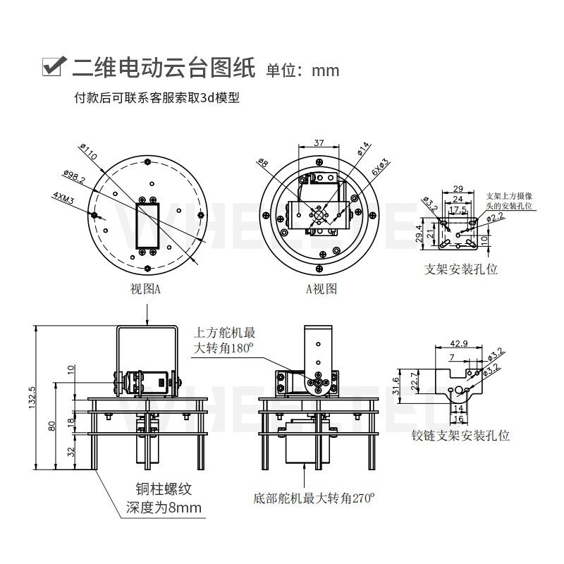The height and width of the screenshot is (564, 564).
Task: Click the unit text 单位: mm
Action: point(302,70)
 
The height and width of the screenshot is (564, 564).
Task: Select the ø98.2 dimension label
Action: point(73,176)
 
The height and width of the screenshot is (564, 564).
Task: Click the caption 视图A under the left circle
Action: point(146,289)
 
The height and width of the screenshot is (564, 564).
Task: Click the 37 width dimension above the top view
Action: point(319,143)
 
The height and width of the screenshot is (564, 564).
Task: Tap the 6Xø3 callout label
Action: point(380,167)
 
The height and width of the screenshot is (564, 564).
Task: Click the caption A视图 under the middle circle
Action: point(321,289)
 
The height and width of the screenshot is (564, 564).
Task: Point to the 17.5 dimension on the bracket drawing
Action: point(458,210)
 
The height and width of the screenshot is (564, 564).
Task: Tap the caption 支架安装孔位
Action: point(461,269)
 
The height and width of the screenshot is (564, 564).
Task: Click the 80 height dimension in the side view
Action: point(52,426)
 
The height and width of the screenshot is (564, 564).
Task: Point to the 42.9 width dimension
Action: point(458,344)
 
